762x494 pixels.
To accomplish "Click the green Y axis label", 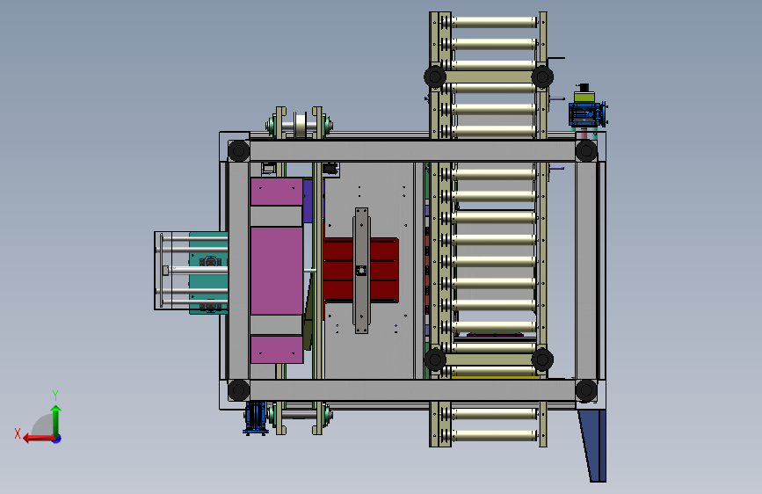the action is click(55, 395).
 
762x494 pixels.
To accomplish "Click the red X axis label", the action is click(18, 433).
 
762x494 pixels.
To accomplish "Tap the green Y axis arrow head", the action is click(56, 410).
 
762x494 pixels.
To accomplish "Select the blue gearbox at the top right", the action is click(587, 115).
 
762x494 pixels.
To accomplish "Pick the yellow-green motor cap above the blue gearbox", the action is click(584, 97).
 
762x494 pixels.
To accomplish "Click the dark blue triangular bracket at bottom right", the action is click(593, 446).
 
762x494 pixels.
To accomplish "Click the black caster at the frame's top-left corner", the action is click(238, 150).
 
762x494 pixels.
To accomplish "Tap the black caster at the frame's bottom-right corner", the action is click(586, 390).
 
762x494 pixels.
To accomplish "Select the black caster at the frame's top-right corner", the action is click(586, 150).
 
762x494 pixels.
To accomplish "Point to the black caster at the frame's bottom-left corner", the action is click(238, 390).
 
